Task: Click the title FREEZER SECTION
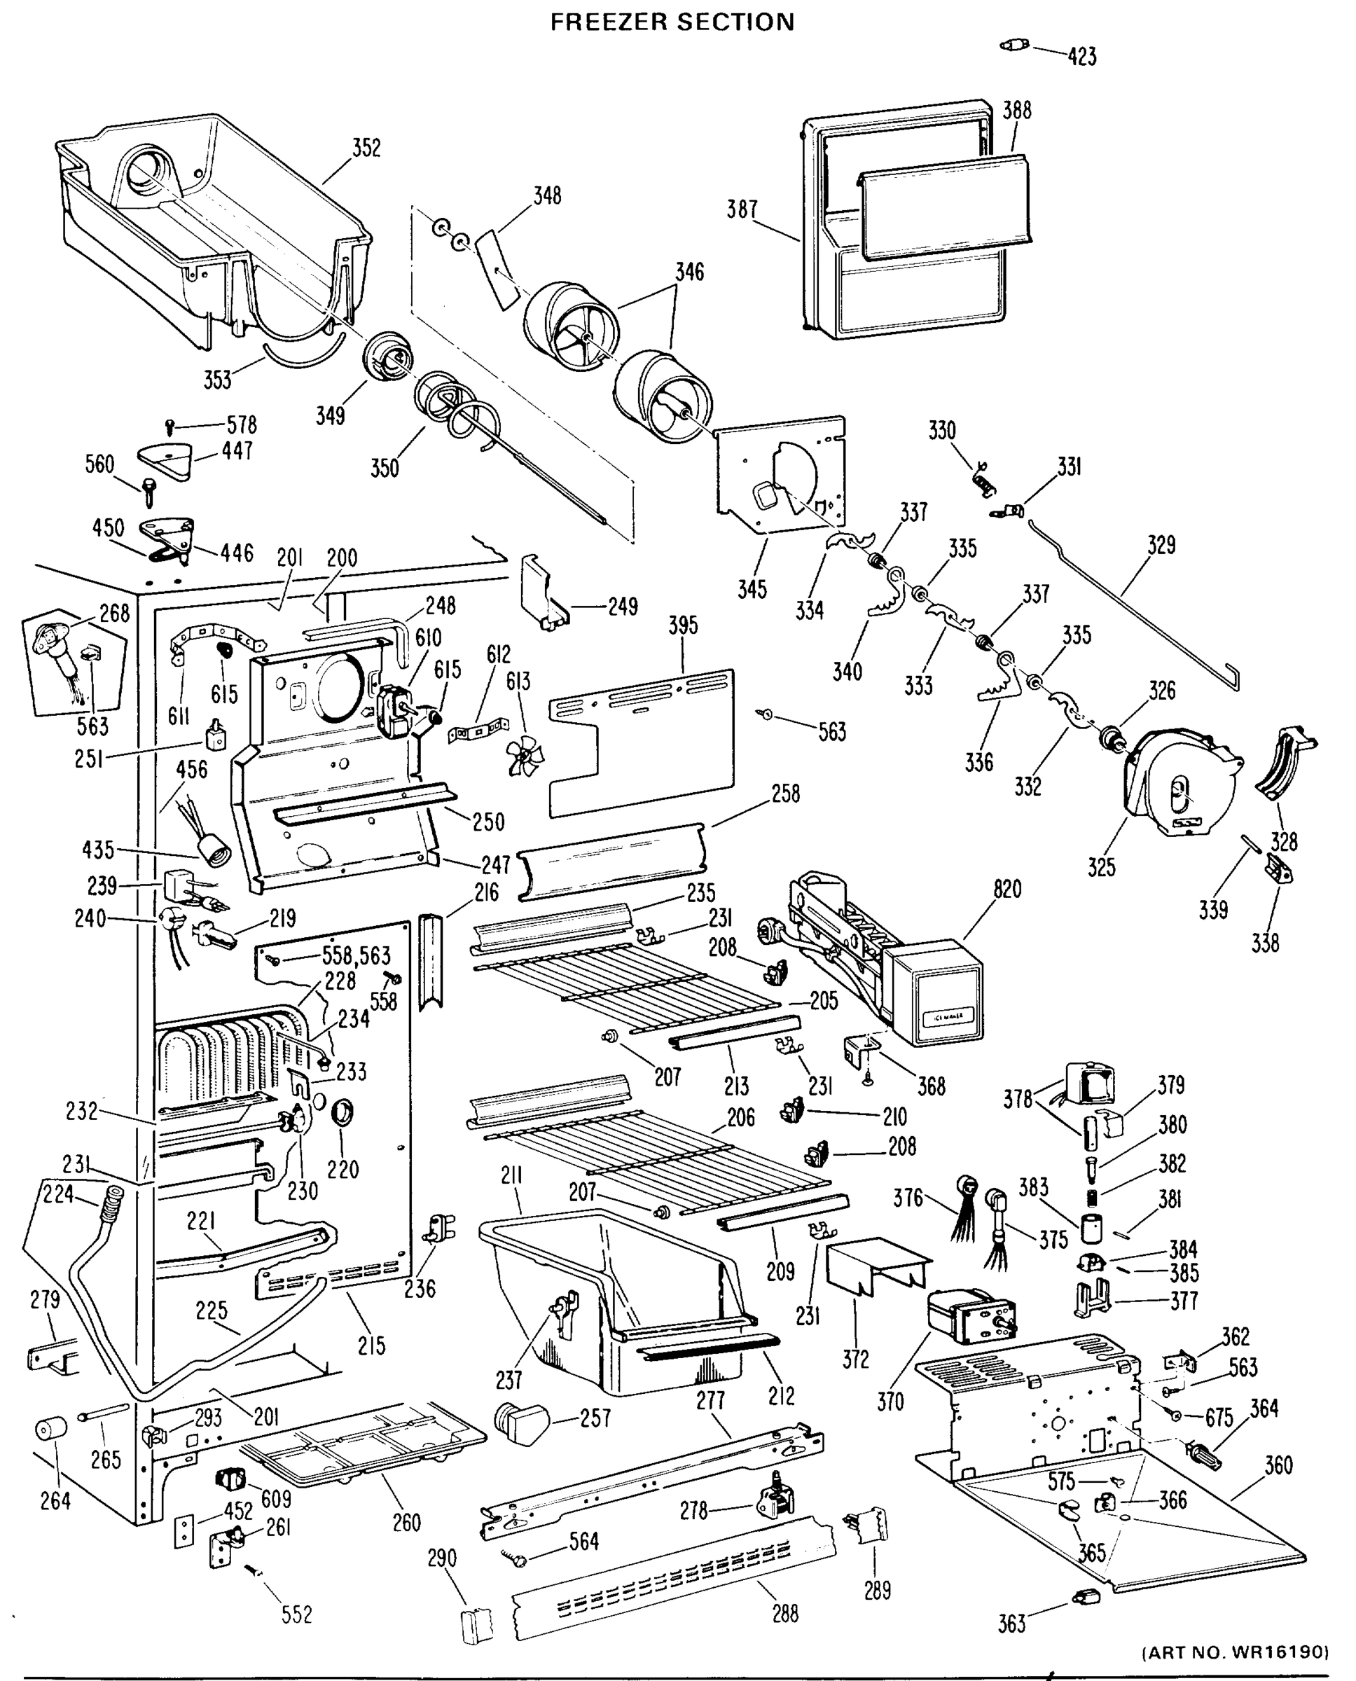pos(672,22)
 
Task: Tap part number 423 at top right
pos(1082,56)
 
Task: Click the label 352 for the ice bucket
pos(366,147)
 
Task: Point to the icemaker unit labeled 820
pos(890,961)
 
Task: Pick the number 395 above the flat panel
pos(683,625)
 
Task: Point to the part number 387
pos(742,209)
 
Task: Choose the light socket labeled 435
pos(209,852)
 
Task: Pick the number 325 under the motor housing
pos(1100,867)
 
